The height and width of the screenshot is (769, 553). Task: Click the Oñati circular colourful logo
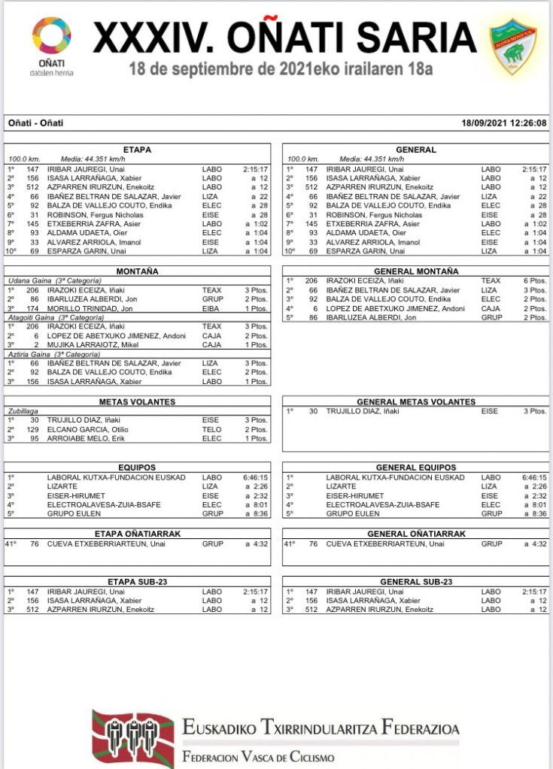(x=51, y=38)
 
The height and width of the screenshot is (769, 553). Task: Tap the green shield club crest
(x=513, y=46)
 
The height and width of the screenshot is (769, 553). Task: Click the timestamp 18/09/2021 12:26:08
(x=504, y=123)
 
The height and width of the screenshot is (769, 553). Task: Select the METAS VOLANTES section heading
(x=137, y=401)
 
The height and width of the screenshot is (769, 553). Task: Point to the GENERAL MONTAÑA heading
(x=415, y=271)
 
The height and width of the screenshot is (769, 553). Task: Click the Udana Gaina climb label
(x=29, y=280)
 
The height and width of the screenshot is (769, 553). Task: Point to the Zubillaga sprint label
(x=23, y=411)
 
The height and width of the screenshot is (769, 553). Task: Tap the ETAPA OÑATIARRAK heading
(x=137, y=534)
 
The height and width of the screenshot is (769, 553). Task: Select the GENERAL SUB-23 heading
(x=415, y=582)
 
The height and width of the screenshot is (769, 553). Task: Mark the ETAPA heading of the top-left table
(x=137, y=150)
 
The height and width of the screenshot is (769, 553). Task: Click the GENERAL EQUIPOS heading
(x=415, y=468)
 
